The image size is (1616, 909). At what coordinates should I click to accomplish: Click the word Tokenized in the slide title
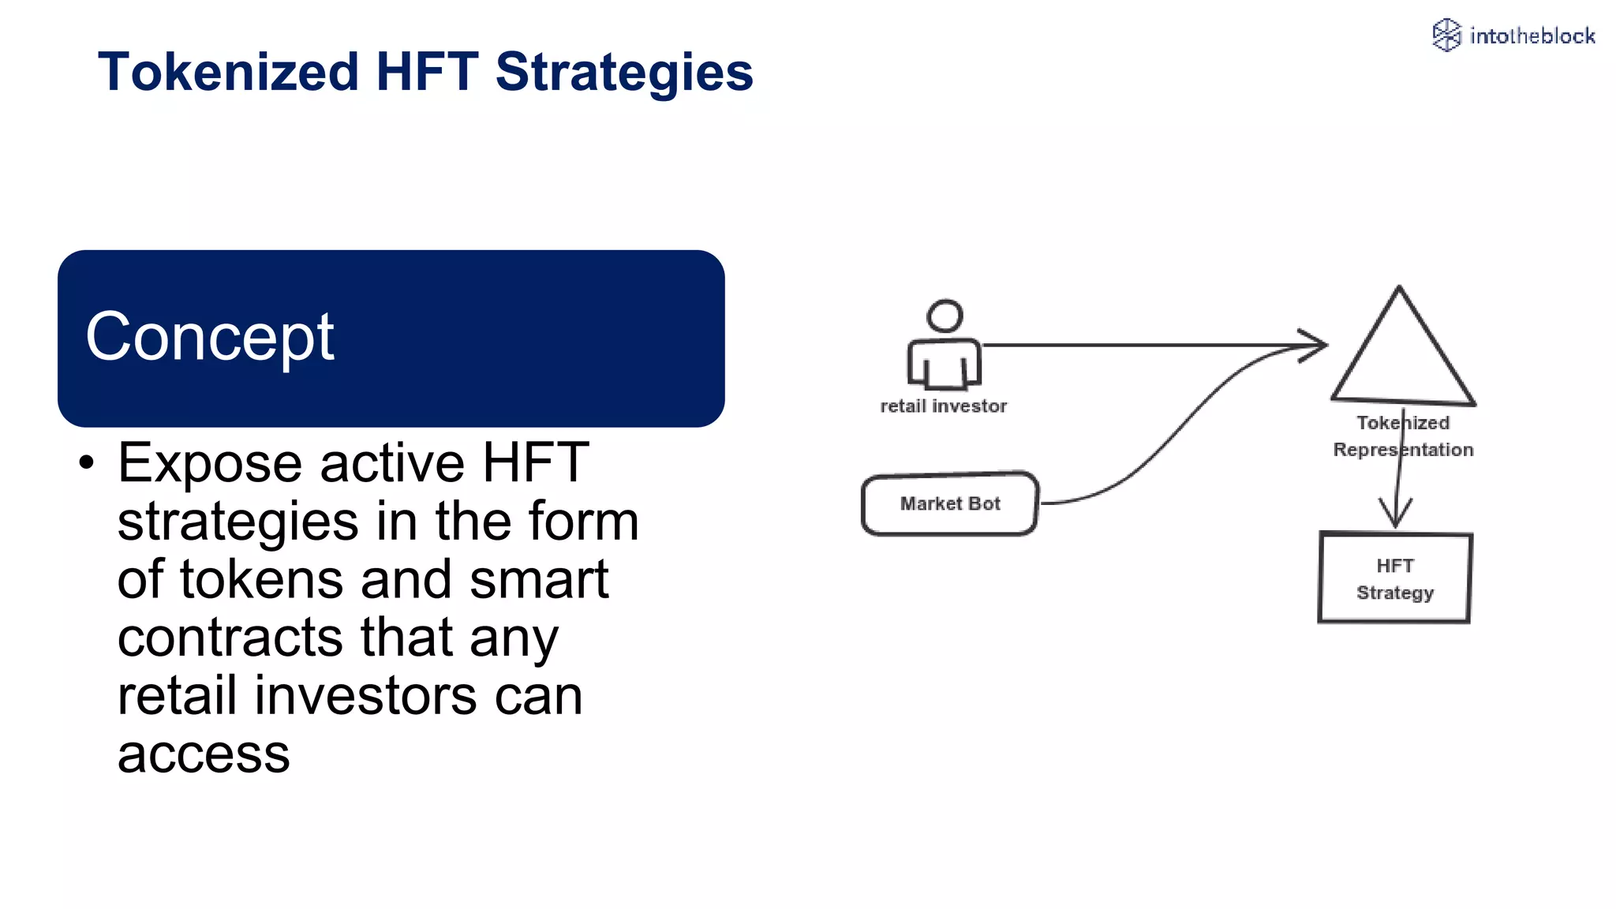tap(228, 72)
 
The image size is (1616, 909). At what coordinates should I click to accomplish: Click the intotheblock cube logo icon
tap(1446, 36)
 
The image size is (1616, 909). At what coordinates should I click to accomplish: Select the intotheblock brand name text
tap(1532, 36)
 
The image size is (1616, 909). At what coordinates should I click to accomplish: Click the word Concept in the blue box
tap(210, 337)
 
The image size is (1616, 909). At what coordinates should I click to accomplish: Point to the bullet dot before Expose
tap(87, 463)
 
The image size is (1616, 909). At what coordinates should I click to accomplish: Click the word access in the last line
tap(204, 754)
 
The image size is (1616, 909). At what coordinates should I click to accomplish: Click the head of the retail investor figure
tap(945, 316)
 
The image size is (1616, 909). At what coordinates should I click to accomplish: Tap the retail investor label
tap(944, 406)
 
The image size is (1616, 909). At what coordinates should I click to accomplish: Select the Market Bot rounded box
tap(950, 503)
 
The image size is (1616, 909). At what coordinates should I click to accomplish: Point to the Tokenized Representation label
tap(1403, 436)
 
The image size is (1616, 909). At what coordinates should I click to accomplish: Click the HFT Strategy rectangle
tap(1395, 578)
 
